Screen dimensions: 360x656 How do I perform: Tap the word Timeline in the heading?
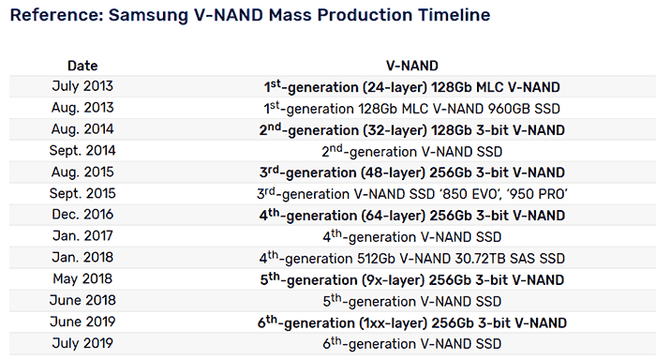450,15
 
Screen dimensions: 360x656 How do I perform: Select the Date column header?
82,66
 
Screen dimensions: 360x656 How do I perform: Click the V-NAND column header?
413,66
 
